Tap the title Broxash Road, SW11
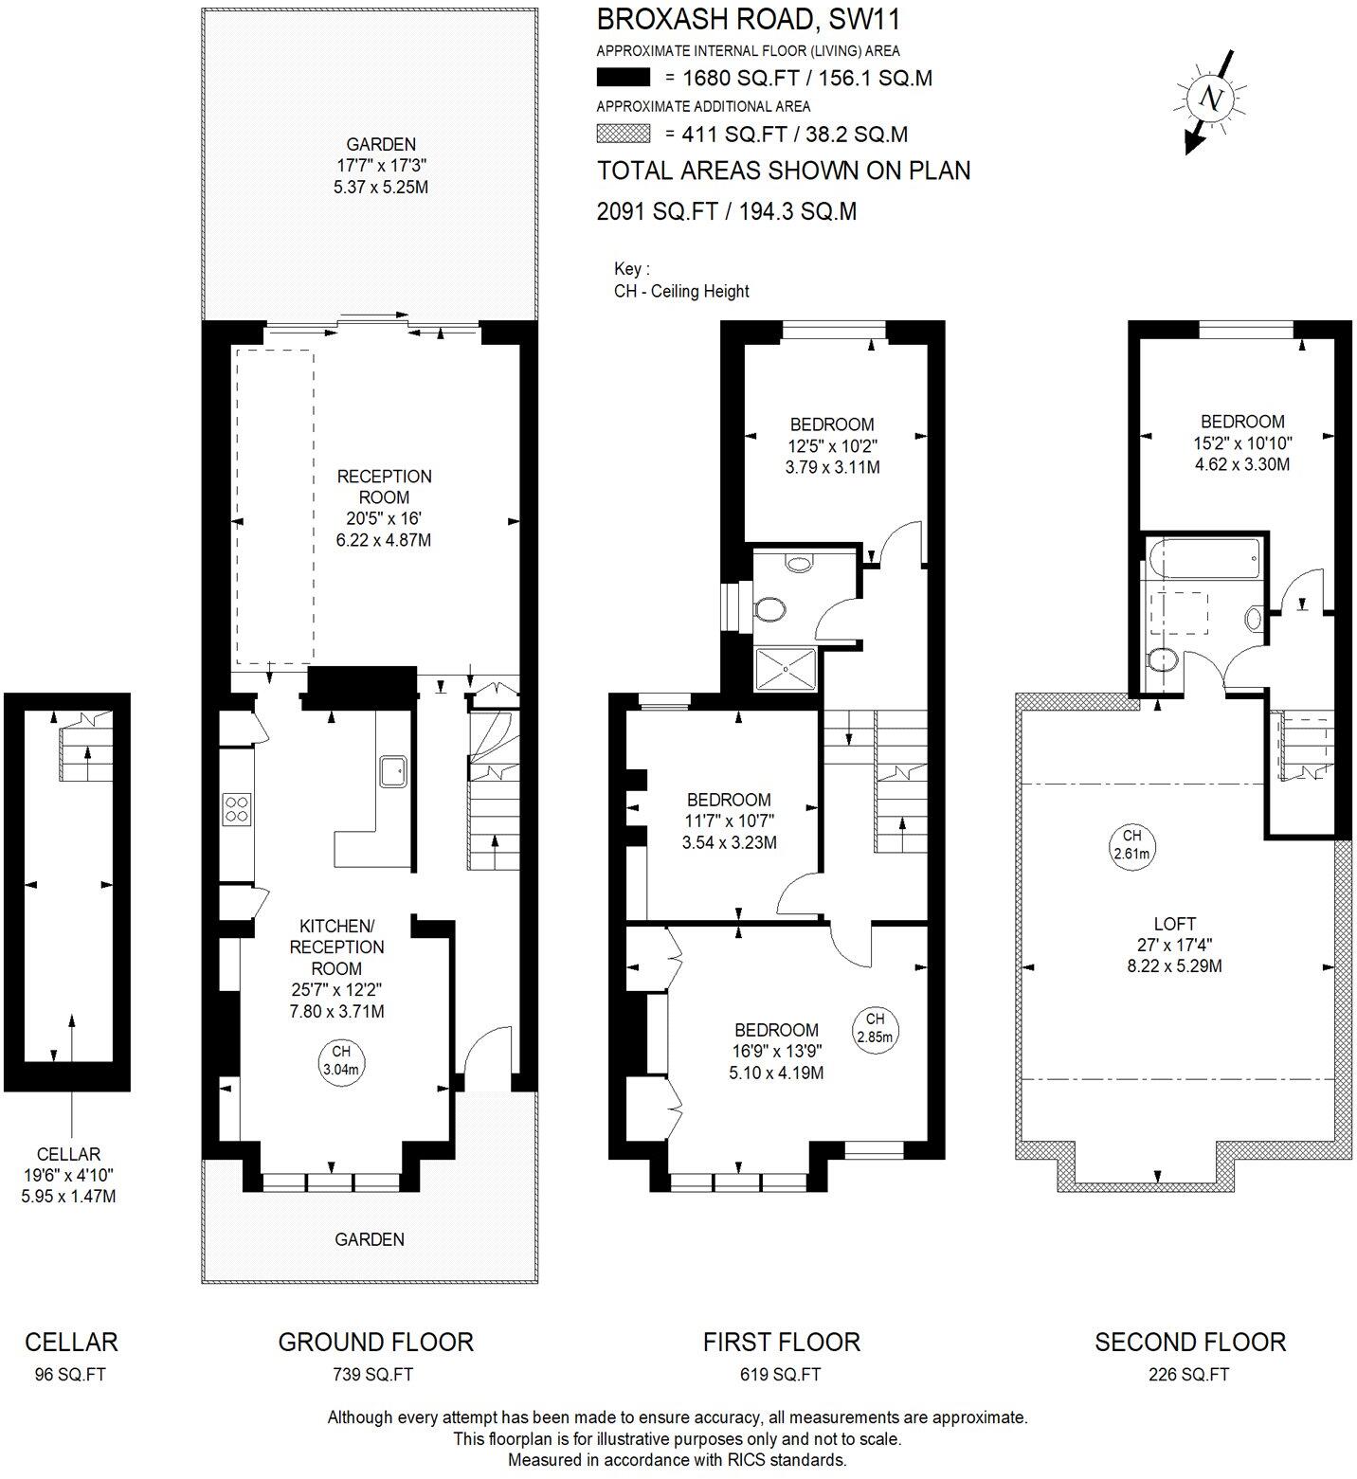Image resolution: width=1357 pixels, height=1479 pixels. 748,19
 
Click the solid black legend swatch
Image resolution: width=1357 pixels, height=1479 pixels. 623,78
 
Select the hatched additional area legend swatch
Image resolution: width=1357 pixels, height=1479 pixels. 623,134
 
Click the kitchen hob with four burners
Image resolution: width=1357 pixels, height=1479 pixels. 237,808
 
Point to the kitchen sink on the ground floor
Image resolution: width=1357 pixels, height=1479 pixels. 393,771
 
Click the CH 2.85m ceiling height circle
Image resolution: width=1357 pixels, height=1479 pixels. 874,1027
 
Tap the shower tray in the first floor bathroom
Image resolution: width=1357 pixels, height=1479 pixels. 786,665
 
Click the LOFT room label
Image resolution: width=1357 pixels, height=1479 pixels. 1174,924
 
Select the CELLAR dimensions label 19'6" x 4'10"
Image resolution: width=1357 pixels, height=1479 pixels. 68,1175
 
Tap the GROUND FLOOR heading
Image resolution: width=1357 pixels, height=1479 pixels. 375,1342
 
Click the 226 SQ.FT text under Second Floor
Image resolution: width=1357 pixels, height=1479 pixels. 1189,1374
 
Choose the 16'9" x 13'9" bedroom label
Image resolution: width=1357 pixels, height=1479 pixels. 776,1051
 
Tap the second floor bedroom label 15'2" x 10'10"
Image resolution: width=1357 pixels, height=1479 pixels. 1241,442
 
